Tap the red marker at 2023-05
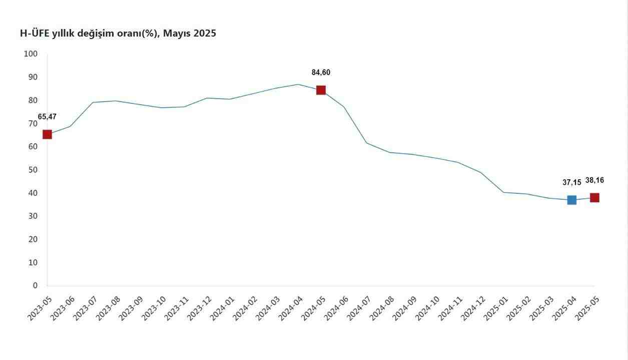(x=47, y=134)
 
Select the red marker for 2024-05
(x=321, y=90)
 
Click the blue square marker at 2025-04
(x=571, y=200)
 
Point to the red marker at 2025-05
(x=594, y=198)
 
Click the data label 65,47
(x=47, y=117)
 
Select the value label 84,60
(x=321, y=73)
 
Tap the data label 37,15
(x=571, y=183)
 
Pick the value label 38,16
(x=594, y=180)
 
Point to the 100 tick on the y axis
(x=31, y=54)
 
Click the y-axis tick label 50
(x=33, y=170)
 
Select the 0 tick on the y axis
(x=35, y=285)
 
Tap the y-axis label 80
(x=33, y=100)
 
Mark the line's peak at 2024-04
(x=298, y=84)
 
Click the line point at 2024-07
(x=366, y=143)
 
